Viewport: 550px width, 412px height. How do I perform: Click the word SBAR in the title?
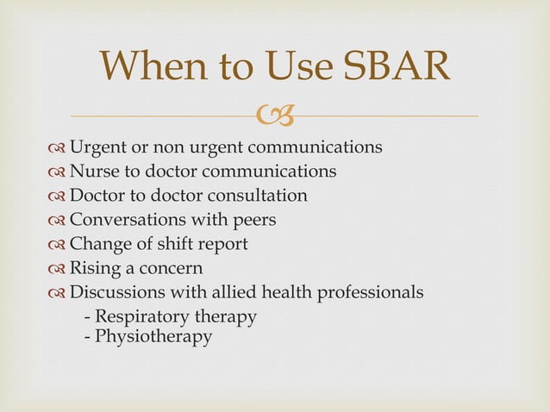coord(396,67)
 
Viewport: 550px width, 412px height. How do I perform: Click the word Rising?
coord(94,268)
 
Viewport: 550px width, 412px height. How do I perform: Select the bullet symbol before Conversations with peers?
coord(58,221)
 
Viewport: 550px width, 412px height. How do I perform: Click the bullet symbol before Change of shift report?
coord(58,245)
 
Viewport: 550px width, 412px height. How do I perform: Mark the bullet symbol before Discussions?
coord(58,293)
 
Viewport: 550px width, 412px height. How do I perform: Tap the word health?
coord(293,292)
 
